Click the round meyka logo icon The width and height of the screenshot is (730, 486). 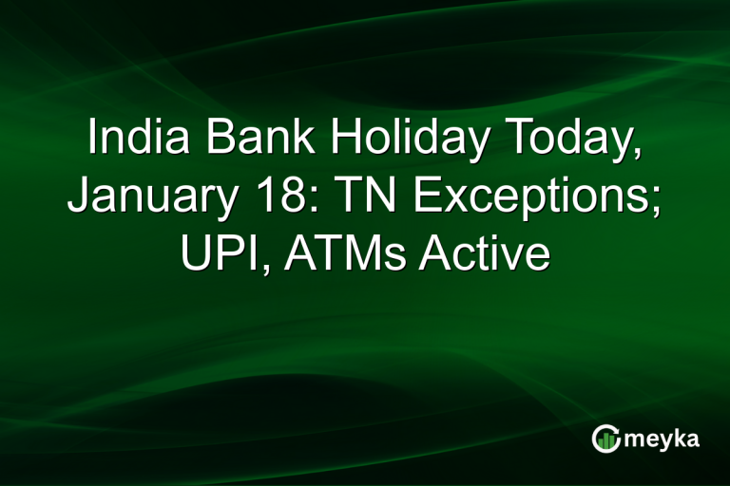click(x=606, y=438)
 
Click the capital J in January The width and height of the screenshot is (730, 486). click(x=79, y=197)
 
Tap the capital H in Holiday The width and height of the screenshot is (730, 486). click(x=345, y=140)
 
